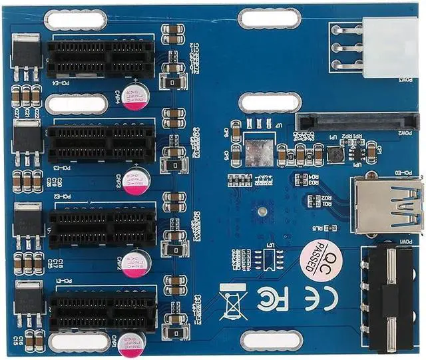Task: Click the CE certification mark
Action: pyautogui.click(x=313, y=299)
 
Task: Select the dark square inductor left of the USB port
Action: pyautogui.click(x=336, y=154)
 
